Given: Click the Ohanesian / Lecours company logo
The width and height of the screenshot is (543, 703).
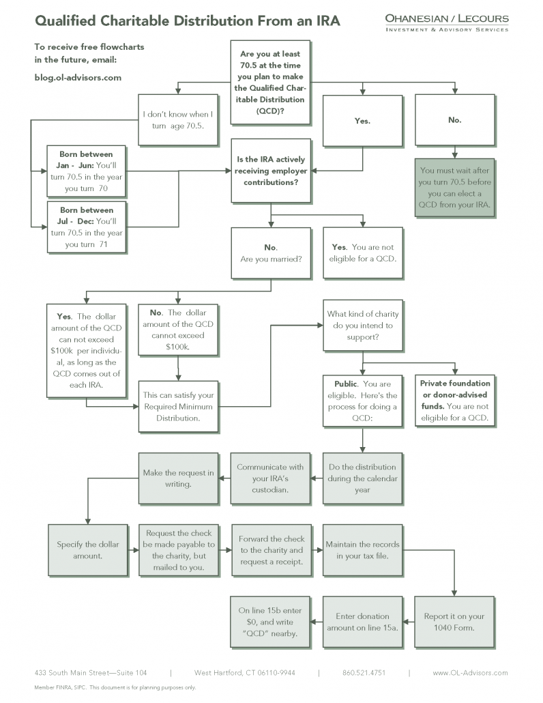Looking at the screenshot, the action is (x=447, y=23).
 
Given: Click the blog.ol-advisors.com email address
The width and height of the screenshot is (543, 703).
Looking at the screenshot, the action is (x=78, y=78).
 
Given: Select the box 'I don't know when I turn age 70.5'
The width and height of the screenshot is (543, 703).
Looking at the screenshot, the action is (x=178, y=119).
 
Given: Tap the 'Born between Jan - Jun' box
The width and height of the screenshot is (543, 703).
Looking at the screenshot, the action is (x=87, y=171).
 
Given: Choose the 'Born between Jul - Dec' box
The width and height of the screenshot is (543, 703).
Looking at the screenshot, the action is (x=87, y=227).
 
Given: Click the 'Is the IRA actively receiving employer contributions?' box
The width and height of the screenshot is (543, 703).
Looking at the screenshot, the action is (x=271, y=171).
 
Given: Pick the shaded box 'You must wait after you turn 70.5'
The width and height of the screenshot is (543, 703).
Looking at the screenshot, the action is (x=455, y=188).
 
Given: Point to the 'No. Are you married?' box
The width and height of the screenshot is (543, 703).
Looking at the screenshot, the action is (x=271, y=253).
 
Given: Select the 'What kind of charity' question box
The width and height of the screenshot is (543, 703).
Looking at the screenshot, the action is (x=363, y=326).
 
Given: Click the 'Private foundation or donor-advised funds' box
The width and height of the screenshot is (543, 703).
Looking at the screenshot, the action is (x=455, y=401).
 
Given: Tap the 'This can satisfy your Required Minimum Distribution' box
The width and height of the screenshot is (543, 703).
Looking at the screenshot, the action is (x=178, y=407).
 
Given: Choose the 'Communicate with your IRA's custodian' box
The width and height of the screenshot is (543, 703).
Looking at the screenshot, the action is (x=271, y=479).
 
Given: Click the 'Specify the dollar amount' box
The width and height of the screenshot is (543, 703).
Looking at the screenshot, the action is (x=88, y=550).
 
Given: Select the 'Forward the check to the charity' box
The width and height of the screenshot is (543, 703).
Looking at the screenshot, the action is (x=271, y=550).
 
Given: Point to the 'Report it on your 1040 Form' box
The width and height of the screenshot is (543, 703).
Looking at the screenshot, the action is (x=454, y=622).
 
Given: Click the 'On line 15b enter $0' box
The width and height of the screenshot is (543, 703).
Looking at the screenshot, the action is (x=270, y=622).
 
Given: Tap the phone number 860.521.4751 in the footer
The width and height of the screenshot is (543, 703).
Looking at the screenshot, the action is (x=364, y=673).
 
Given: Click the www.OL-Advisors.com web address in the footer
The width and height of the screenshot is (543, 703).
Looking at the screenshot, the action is (x=470, y=673).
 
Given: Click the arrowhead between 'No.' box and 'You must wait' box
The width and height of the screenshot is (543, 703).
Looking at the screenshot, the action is (x=455, y=155).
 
